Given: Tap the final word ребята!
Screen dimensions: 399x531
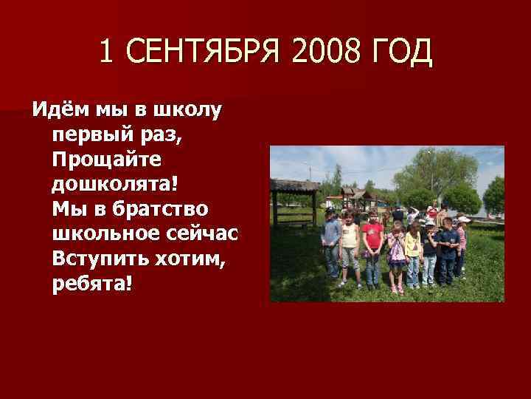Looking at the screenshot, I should (93, 283).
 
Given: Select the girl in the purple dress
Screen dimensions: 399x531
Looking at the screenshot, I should (398, 255).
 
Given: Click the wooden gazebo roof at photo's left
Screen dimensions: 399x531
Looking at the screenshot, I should (295, 185).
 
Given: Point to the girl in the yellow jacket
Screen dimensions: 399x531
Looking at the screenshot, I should (413, 248).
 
